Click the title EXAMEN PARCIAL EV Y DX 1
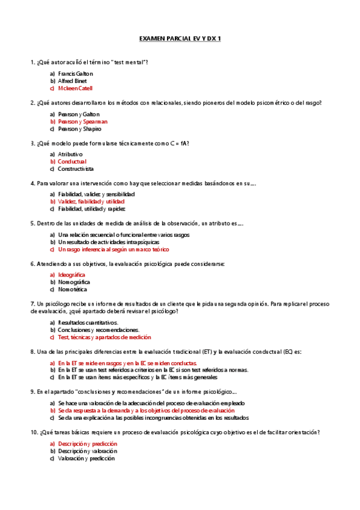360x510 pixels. click(x=180, y=38)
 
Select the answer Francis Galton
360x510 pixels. click(x=75, y=73)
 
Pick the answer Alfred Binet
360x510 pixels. click(x=73, y=81)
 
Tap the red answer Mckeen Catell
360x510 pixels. click(x=75, y=88)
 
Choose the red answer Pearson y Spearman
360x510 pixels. click(x=82, y=121)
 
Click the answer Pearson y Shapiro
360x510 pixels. click(x=80, y=129)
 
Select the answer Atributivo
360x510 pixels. click(x=70, y=155)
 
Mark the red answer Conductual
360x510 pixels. click(x=72, y=162)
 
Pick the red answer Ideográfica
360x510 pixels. click(x=72, y=275)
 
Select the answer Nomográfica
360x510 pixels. click(x=74, y=282)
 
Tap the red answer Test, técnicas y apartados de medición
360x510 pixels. click(x=104, y=337)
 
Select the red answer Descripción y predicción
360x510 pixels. click(x=87, y=443)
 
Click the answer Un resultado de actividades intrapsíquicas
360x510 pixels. click(x=107, y=242)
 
